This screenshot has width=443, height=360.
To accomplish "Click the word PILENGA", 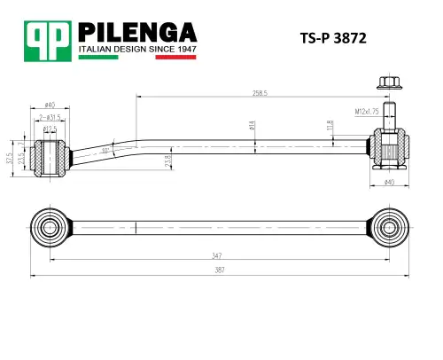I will (137, 31).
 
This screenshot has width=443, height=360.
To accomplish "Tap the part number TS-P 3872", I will (335, 39).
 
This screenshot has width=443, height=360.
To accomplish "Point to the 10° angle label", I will (106, 152).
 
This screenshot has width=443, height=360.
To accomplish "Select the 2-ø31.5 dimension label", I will (50, 116).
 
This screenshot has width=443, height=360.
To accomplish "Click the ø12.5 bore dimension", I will (51, 129).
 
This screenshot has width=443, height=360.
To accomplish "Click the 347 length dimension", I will (217, 255).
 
